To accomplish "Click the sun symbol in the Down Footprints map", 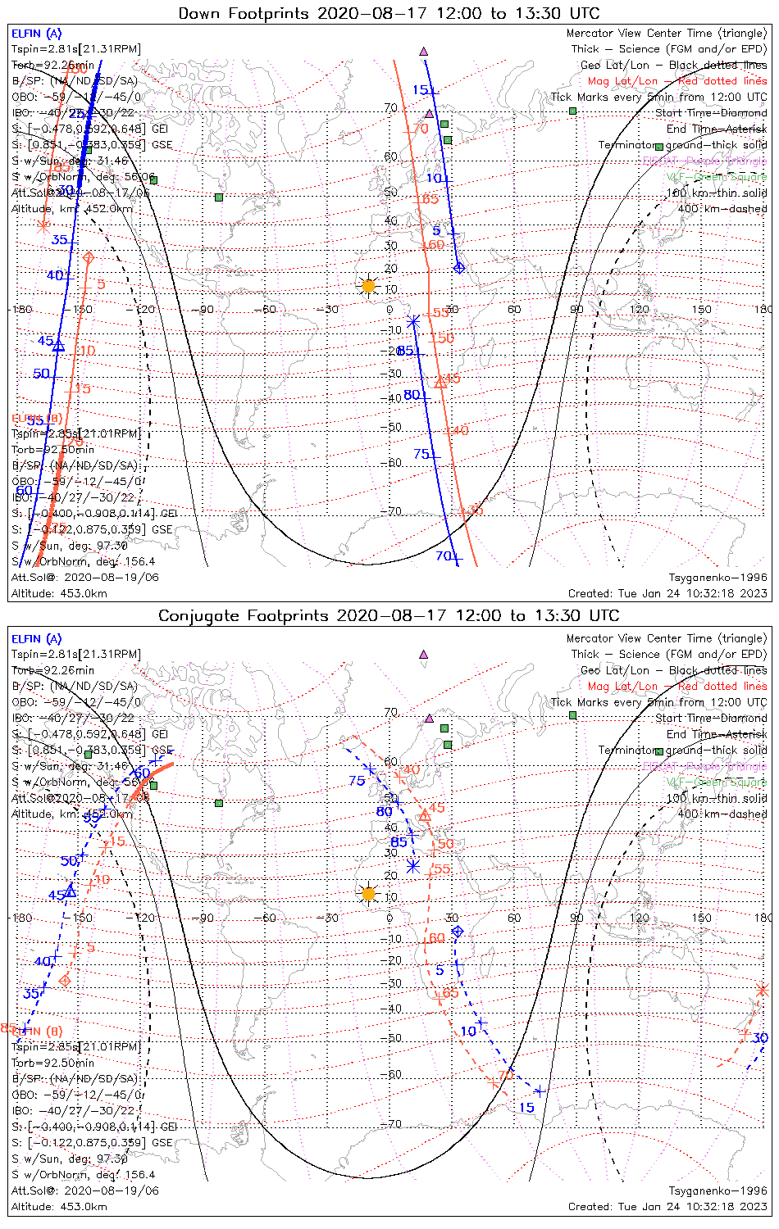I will tap(368, 286).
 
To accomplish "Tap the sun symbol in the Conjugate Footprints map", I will tap(368, 893).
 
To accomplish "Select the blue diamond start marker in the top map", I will tap(458, 268).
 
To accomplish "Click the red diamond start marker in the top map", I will tap(89, 258).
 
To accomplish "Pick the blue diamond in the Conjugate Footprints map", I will tap(458, 932).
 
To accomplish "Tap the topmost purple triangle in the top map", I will tap(424, 52).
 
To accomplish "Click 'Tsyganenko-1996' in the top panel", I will tap(717, 578).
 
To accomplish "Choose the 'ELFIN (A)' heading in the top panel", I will tap(36, 34).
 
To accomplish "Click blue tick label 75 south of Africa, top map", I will tap(421, 454).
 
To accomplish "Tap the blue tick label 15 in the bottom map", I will tap(526, 1107).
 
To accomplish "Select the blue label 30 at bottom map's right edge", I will tap(759, 1038).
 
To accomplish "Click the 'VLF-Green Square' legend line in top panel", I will tap(716, 177).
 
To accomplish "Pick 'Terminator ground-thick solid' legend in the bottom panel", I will tap(682, 750).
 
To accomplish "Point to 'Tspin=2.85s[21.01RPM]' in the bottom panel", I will tap(76, 1047).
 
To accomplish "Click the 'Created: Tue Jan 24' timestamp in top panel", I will tap(667, 593).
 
